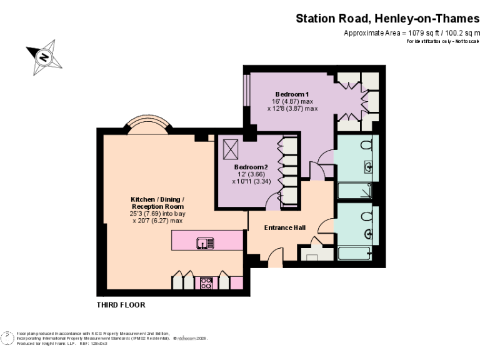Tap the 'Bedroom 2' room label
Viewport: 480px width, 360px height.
pos(251,167)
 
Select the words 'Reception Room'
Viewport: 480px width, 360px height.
pos(157,206)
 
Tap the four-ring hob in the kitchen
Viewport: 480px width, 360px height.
pos(206,282)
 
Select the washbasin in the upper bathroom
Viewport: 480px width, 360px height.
pos(369,167)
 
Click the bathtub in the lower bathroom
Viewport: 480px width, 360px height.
pos(354,253)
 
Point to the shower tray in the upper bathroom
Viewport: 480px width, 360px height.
pos(354,191)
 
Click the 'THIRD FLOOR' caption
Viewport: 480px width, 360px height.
pos(121,306)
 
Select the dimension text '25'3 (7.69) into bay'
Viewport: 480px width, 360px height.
pos(157,213)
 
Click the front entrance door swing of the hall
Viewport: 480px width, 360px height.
pos(274,256)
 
